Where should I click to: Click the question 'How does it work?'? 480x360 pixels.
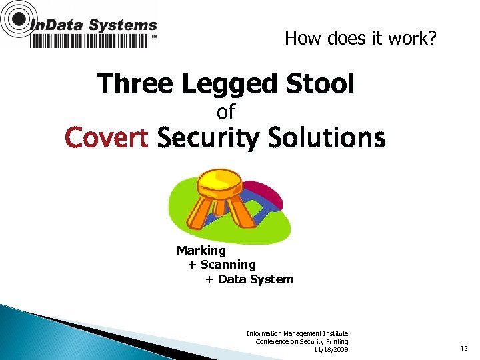[x=361, y=39]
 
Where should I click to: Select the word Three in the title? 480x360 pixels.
[x=135, y=85]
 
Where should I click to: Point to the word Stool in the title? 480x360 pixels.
[x=319, y=85]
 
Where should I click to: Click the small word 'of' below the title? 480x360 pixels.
[x=226, y=111]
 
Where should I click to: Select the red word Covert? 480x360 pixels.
[x=107, y=139]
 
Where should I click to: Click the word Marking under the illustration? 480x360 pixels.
[x=201, y=251]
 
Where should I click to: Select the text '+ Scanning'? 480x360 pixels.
[x=221, y=265]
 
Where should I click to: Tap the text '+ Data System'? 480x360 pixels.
[x=249, y=279]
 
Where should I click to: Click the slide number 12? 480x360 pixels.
[x=464, y=348]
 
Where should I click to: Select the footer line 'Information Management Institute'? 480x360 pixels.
[x=297, y=333]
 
